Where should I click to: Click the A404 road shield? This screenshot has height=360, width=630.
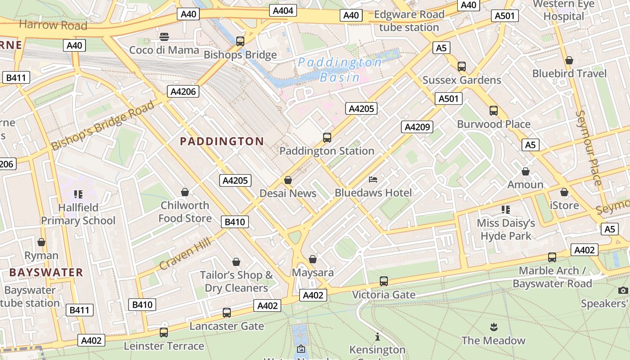(x=283, y=11)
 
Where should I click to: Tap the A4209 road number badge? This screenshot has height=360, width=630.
(x=417, y=127)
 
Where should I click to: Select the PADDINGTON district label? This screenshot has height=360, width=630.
(x=222, y=141)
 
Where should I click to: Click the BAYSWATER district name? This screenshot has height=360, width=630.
(x=46, y=272)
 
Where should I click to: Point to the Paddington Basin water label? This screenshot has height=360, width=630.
(x=340, y=70)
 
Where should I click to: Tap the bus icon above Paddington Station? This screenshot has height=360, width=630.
(x=327, y=138)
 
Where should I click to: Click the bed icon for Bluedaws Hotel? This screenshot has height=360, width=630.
(x=373, y=180)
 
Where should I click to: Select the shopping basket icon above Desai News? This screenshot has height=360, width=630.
(x=288, y=180)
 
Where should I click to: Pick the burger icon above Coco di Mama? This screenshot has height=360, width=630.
(x=164, y=36)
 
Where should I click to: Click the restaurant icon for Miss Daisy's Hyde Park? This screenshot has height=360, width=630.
(x=506, y=210)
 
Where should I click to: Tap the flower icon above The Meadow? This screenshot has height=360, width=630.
(x=494, y=327)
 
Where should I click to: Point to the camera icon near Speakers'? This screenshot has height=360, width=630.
(x=623, y=290)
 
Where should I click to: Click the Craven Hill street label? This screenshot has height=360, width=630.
(x=185, y=255)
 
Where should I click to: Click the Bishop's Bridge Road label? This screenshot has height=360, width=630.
(x=103, y=126)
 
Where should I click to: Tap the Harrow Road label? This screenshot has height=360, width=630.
(x=53, y=25)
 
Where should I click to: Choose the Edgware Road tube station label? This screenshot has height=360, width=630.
(x=409, y=21)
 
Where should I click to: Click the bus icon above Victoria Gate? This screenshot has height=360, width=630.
(x=384, y=281)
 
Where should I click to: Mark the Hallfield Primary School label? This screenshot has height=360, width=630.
(x=78, y=214)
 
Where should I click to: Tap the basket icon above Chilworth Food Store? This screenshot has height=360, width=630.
(x=184, y=192)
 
